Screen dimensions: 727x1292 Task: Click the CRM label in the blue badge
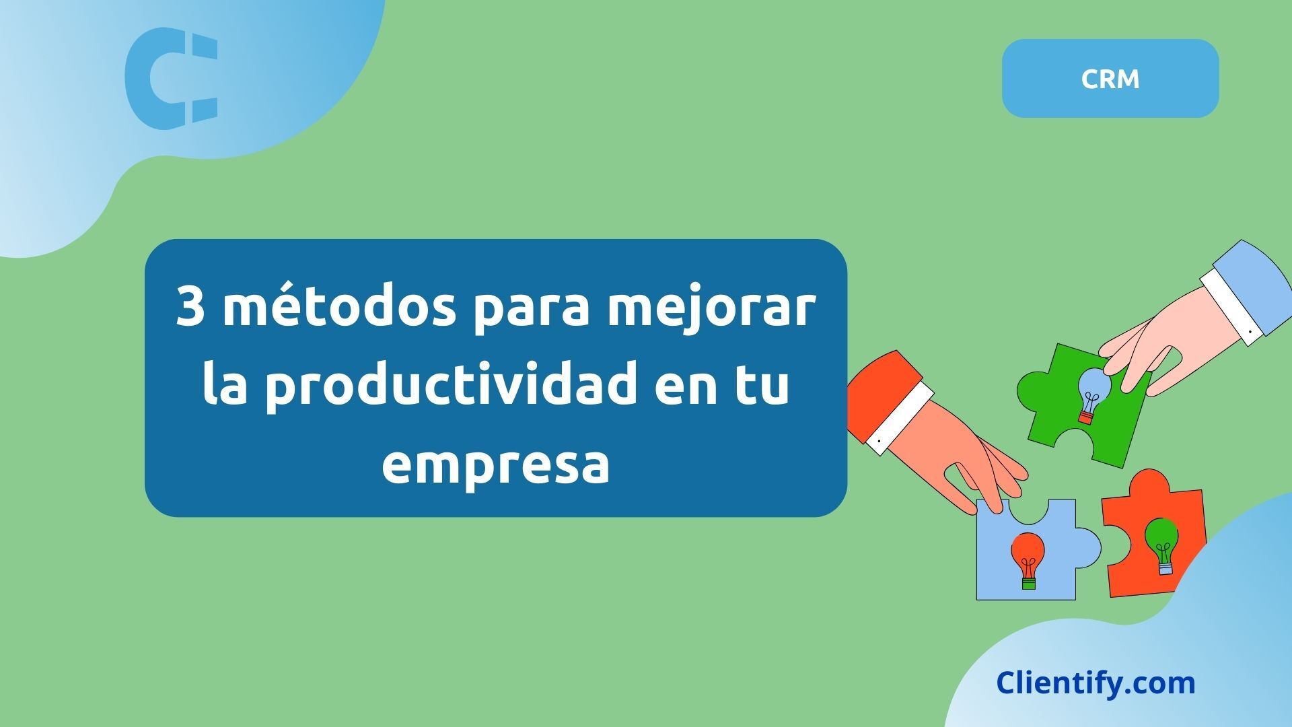tap(1110, 79)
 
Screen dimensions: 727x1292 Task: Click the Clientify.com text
tap(1096, 683)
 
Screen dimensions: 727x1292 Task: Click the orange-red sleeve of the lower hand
tap(875, 390)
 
